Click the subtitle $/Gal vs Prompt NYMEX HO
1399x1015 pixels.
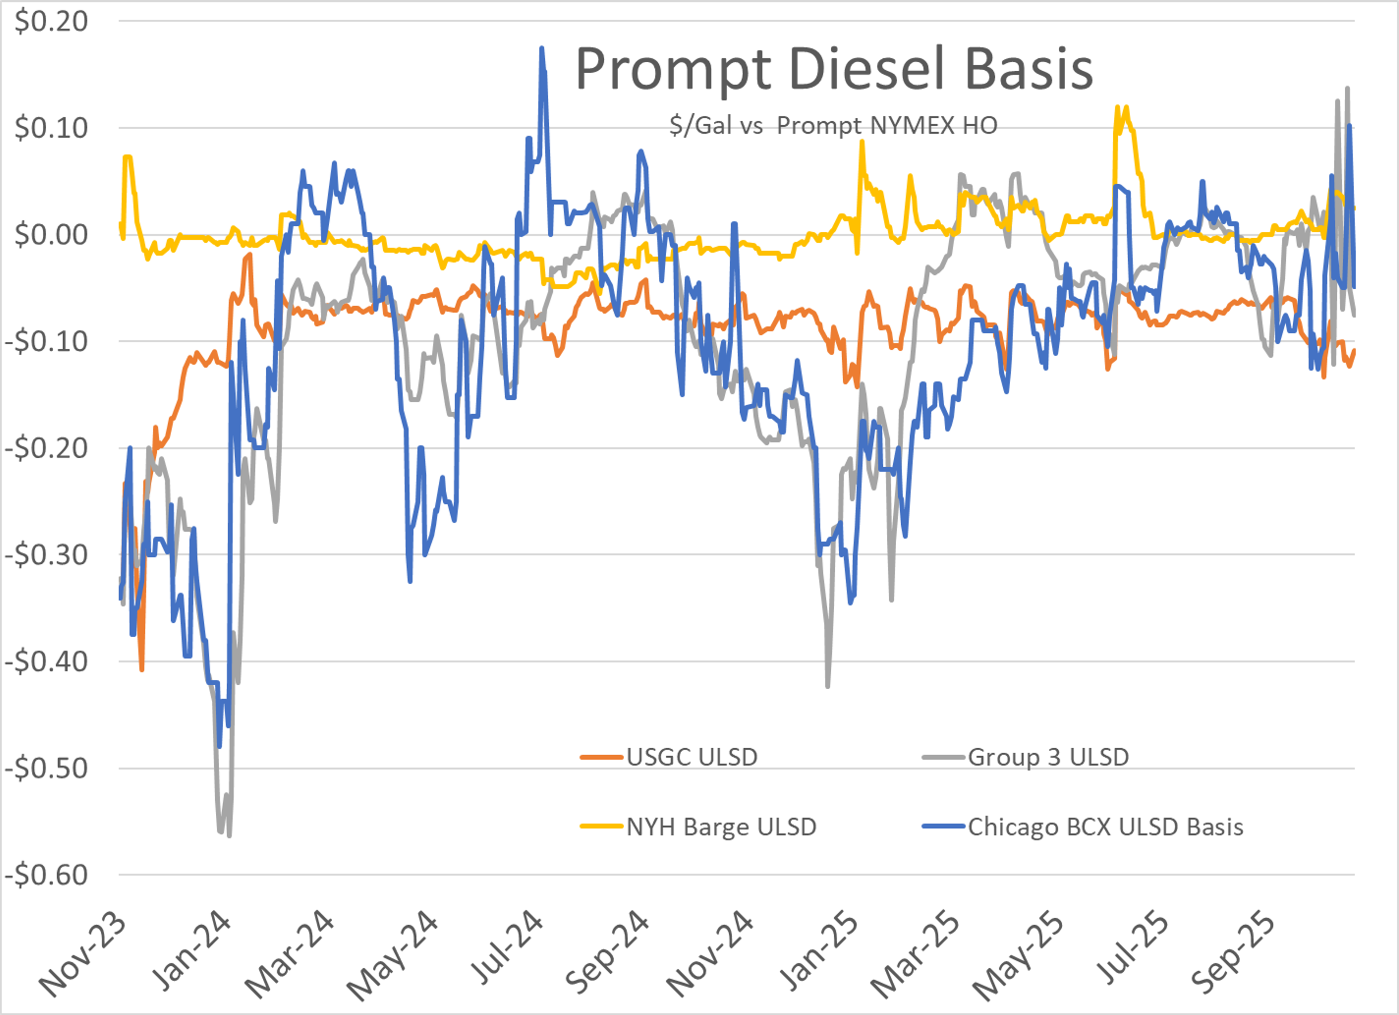click(x=833, y=126)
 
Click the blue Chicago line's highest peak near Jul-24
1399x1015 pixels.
click(x=542, y=48)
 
